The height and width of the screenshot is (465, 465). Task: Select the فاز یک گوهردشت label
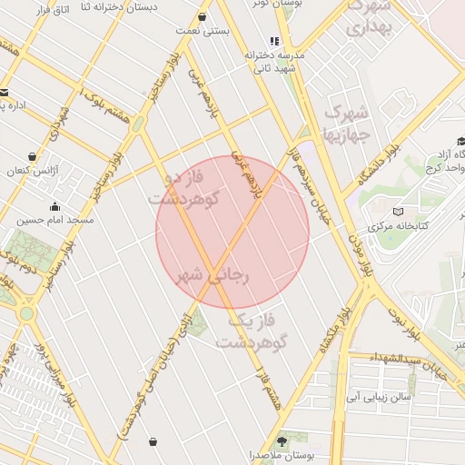pos(252,331)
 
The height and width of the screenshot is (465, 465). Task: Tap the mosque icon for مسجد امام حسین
pos(55,205)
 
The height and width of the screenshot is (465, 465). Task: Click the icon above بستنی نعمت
pos(201,17)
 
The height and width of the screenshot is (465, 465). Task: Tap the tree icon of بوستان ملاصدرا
pos(283,440)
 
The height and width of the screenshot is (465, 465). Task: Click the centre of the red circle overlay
pos(233,232)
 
